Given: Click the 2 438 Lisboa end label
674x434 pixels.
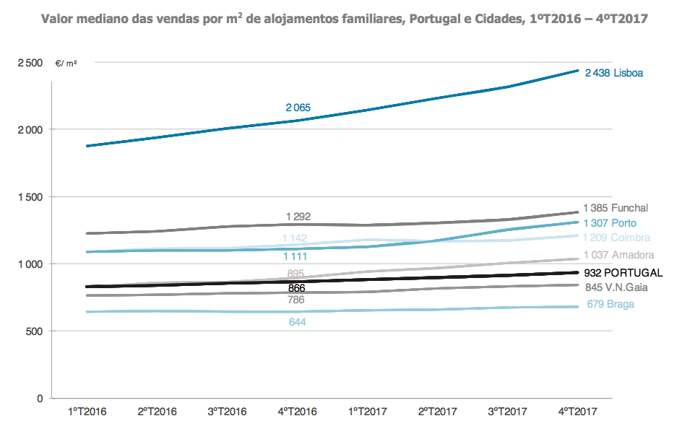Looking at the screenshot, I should (614, 73).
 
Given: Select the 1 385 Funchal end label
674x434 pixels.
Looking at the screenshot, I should (615, 208).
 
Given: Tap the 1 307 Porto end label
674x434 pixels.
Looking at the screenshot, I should (610, 223).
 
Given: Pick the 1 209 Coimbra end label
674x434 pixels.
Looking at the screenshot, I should (616, 238).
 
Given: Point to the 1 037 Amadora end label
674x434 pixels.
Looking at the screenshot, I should (618, 255).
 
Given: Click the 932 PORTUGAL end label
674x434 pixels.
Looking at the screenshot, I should (623, 273).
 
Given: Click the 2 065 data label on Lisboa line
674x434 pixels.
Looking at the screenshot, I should (298, 108).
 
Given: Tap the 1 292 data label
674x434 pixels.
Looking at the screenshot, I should (298, 216).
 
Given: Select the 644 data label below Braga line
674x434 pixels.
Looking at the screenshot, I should (297, 322).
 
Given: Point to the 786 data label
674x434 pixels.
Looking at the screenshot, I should (296, 300).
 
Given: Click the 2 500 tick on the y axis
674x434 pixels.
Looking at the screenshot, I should (30, 64).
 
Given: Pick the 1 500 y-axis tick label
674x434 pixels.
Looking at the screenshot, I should (30, 197).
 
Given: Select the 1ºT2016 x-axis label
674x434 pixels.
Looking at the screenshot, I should (87, 412).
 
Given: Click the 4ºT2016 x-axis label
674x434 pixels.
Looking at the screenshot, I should (298, 412).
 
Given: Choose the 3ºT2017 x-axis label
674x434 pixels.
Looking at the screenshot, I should (508, 412).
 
